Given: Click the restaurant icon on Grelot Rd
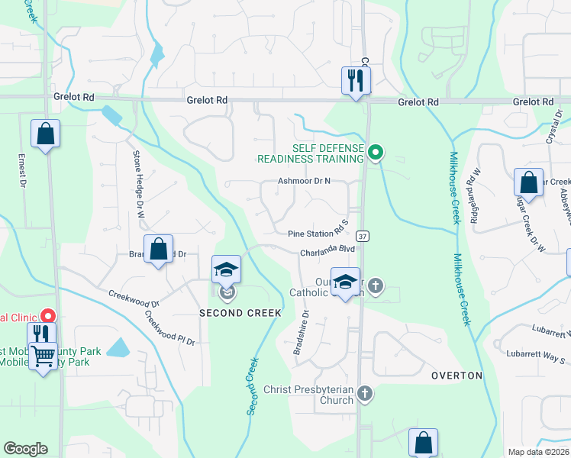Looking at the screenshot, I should pos(355,79).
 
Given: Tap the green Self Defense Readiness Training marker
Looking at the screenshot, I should pos(375,153).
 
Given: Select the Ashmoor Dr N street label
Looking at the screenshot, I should pos(304,182).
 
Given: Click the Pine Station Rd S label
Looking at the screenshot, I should pos(318,234).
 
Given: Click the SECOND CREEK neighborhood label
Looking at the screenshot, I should pos(241,313).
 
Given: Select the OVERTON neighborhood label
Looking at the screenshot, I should pos(456,376).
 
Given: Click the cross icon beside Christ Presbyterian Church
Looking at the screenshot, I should pos(366,394).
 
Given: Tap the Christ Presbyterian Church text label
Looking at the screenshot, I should pos(308,395).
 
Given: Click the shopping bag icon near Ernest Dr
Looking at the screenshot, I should pos(46,134).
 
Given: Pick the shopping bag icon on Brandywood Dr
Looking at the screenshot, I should pos(158,249).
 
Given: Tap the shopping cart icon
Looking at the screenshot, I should pos(43,354).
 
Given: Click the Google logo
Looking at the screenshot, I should pos(25,449).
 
